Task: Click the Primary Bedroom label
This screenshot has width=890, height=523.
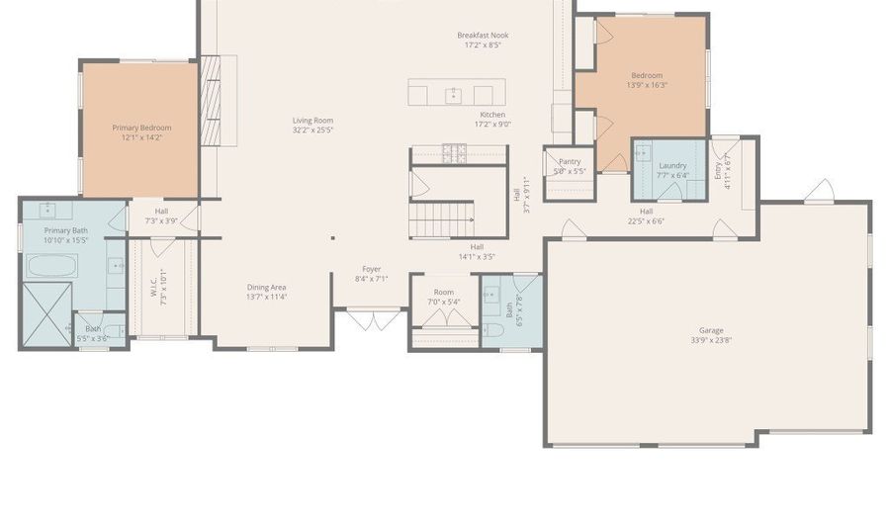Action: click(140, 128)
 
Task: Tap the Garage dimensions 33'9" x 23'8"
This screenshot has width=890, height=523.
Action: click(710, 340)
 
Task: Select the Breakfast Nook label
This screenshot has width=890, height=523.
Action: click(482, 36)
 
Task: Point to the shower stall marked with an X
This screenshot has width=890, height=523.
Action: click(45, 313)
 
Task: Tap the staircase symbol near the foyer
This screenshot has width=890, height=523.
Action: click(442, 218)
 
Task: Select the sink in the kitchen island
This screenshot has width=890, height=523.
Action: click(454, 95)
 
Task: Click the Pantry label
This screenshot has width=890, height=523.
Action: click(570, 161)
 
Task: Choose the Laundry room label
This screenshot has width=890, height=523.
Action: click(672, 165)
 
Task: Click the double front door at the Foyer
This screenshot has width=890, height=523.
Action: click(372, 319)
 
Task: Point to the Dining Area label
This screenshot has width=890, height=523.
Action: click(267, 288)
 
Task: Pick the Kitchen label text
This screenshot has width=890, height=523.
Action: click(491, 115)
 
